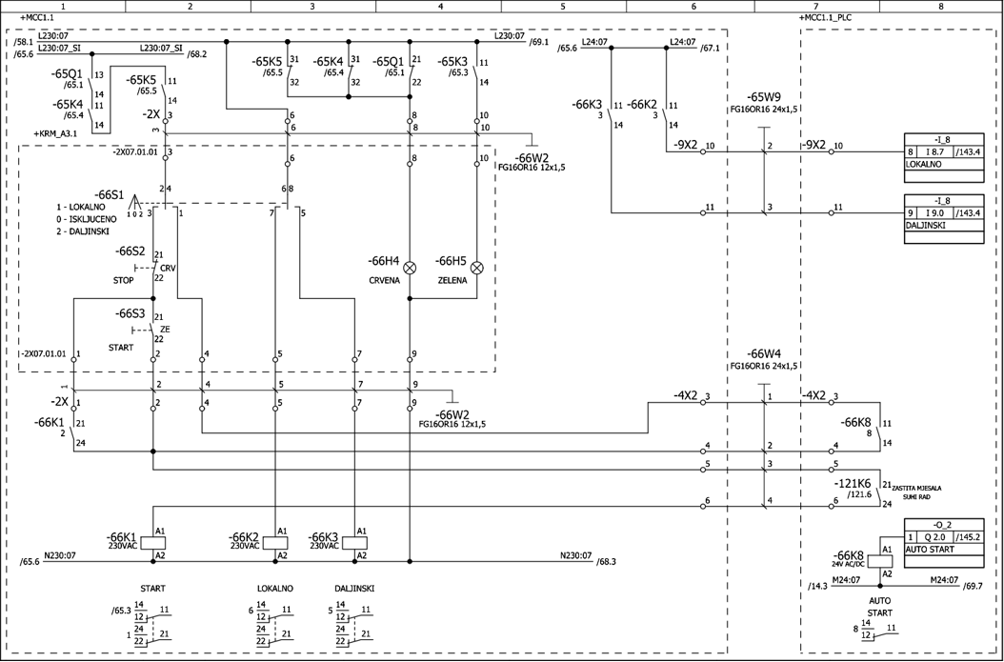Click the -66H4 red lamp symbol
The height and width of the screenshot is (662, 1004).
[x=411, y=269]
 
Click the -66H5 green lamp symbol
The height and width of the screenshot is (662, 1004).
[x=477, y=269]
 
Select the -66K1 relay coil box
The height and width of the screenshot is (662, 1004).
[x=153, y=542]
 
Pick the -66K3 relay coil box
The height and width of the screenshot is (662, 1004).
[x=355, y=542]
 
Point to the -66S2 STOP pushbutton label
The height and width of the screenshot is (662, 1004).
[x=131, y=251]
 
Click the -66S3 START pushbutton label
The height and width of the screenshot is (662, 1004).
[x=131, y=313]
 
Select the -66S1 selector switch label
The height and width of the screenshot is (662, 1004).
[x=110, y=193]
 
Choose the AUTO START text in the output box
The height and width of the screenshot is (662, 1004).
[x=929, y=550]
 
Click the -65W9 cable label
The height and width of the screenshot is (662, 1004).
[x=764, y=97]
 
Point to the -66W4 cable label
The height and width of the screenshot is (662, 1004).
[x=764, y=353]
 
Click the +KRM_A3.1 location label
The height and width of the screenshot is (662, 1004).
[x=55, y=134]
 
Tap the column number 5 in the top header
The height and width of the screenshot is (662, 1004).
[x=563, y=6]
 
